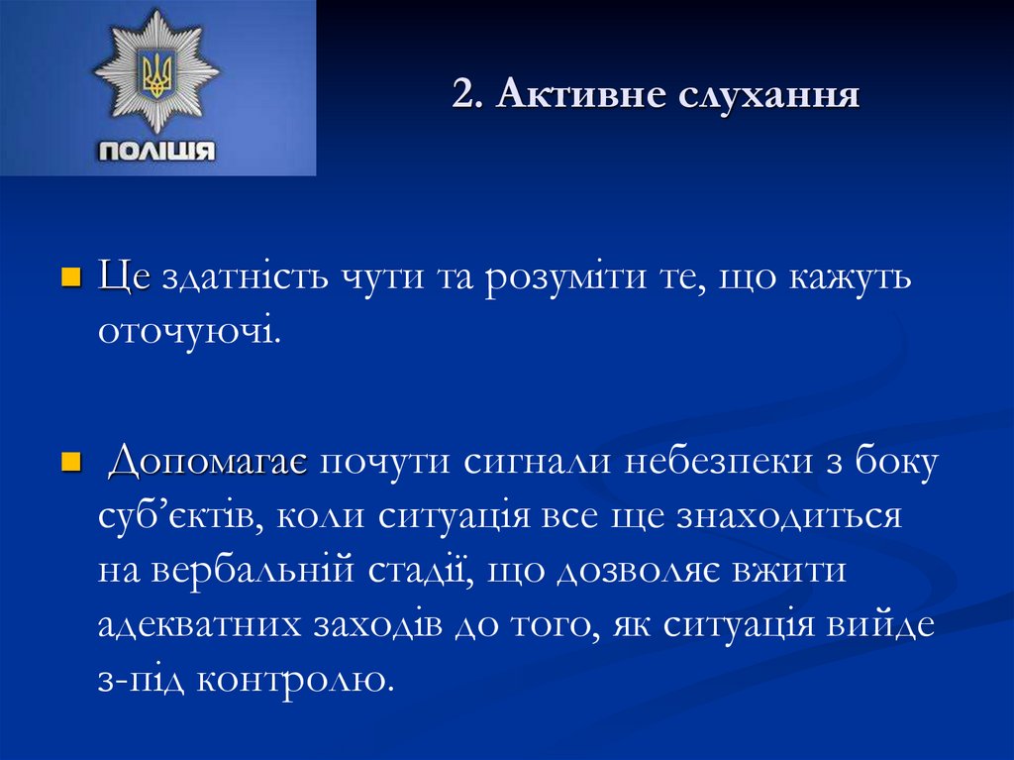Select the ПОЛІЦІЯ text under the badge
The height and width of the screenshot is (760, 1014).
pos(155,152)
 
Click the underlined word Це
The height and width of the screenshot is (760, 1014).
pos(124,278)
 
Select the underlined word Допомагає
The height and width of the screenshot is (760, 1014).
pos(208,463)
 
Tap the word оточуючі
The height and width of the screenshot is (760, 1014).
pos(189,332)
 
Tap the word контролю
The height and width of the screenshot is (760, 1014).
pos(295,681)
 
